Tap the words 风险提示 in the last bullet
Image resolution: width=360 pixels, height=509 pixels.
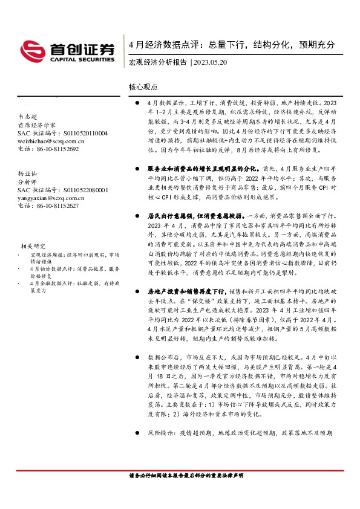[160, 433]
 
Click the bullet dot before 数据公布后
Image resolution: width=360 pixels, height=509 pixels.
[139, 357]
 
